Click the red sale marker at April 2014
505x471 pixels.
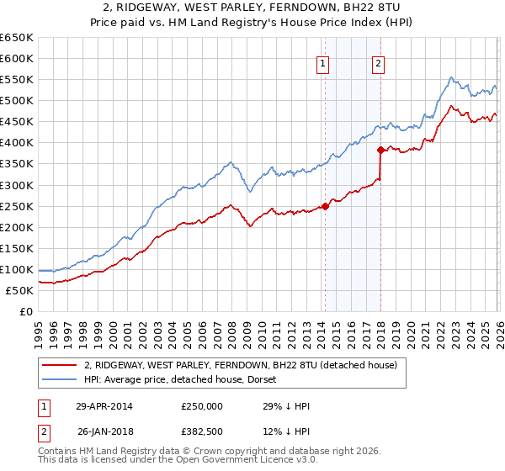coord(325,206)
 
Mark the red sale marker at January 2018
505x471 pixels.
coord(380,150)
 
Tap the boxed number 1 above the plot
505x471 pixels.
coord(323,62)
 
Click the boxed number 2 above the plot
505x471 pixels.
coord(379,62)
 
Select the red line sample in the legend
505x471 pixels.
coord(60,364)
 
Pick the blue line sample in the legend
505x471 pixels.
coord(60,378)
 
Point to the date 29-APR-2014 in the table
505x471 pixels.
coord(104,405)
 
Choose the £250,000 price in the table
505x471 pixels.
coord(202,405)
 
